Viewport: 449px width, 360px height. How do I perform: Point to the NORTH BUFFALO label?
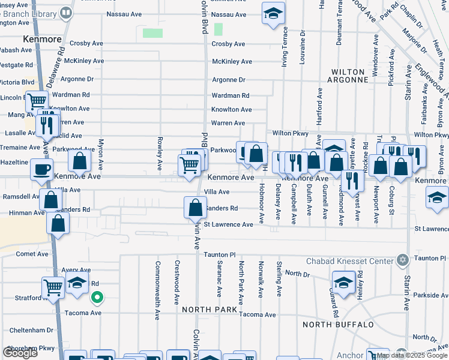338,325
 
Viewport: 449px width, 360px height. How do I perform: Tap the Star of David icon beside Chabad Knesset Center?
402,260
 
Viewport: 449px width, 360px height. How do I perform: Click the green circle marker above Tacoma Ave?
96,297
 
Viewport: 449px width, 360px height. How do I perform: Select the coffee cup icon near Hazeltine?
41,170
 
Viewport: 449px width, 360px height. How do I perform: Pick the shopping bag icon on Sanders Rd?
195,208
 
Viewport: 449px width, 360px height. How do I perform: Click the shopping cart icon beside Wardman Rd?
37,101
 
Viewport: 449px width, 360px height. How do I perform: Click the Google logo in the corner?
20,353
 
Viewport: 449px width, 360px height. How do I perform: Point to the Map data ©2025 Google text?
411,355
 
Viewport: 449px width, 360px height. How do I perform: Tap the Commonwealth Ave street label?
158,281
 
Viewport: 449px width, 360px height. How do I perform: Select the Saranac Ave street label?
220,280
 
